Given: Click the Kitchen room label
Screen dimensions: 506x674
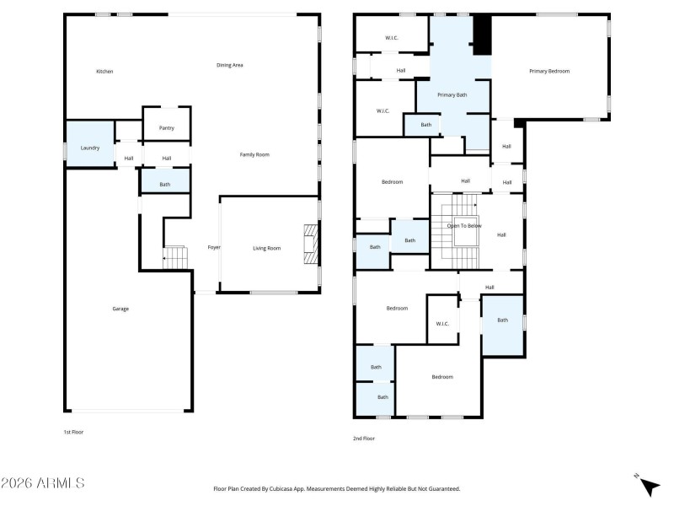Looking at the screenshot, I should pyautogui.click(x=104, y=72).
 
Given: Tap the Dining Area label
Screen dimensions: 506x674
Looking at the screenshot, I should pyautogui.click(x=230, y=65).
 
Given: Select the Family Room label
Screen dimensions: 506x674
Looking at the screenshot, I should pyautogui.click(x=254, y=154).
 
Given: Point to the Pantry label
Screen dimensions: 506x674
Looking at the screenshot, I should pyautogui.click(x=167, y=128).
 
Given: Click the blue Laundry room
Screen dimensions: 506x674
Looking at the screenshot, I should pyautogui.click(x=90, y=148).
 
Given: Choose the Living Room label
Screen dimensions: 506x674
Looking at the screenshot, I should pyautogui.click(x=267, y=248).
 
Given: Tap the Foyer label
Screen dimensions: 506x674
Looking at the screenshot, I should pyautogui.click(x=214, y=248).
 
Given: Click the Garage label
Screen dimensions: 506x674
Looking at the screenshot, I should pyautogui.click(x=120, y=309).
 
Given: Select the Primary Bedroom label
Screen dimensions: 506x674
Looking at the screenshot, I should pyautogui.click(x=549, y=71).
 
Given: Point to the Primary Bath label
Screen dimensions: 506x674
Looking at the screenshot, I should pyautogui.click(x=452, y=94).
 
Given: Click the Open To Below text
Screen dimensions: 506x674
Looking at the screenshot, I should pyautogui.click(x=464, y=225).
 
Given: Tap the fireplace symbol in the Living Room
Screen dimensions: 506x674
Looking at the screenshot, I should pyautogui.click(x=312, y=245).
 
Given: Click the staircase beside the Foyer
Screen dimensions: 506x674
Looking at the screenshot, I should pyautogui.click(x=174, y=257).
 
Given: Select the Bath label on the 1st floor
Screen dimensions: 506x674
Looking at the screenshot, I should pyautogui.click(x=165, y=185).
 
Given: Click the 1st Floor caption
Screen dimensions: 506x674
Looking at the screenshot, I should pyautogui.click(x=74, y=432).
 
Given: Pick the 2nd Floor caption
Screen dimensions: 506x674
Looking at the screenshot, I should pyautogui.click(x=364, y=439).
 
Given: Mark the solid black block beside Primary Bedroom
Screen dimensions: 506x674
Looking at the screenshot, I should pyautogui.click(x=481, y=35).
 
